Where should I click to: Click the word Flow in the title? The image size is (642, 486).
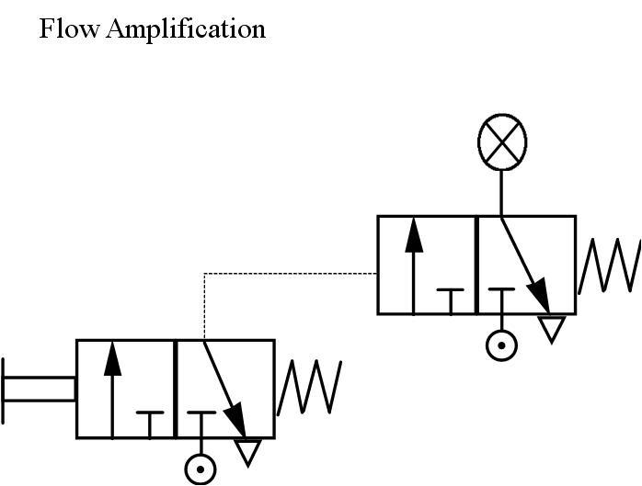[x=69, y=28]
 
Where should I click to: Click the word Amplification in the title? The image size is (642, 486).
[x=186, y=29]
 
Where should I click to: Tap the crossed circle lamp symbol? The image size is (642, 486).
[x=503, y=143]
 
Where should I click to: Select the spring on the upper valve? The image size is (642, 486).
[x=609, y=266]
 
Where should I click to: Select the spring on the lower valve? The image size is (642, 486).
[x=310, y=387]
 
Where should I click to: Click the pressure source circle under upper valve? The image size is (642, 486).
[x=501, y=345]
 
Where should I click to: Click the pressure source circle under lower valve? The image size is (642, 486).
[x=201, y=469]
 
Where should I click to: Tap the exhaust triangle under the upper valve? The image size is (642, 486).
[x=550, y=328]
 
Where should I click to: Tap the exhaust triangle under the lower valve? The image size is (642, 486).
[x=248, y=451]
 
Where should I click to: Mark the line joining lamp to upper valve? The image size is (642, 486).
[x=501, y=193]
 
